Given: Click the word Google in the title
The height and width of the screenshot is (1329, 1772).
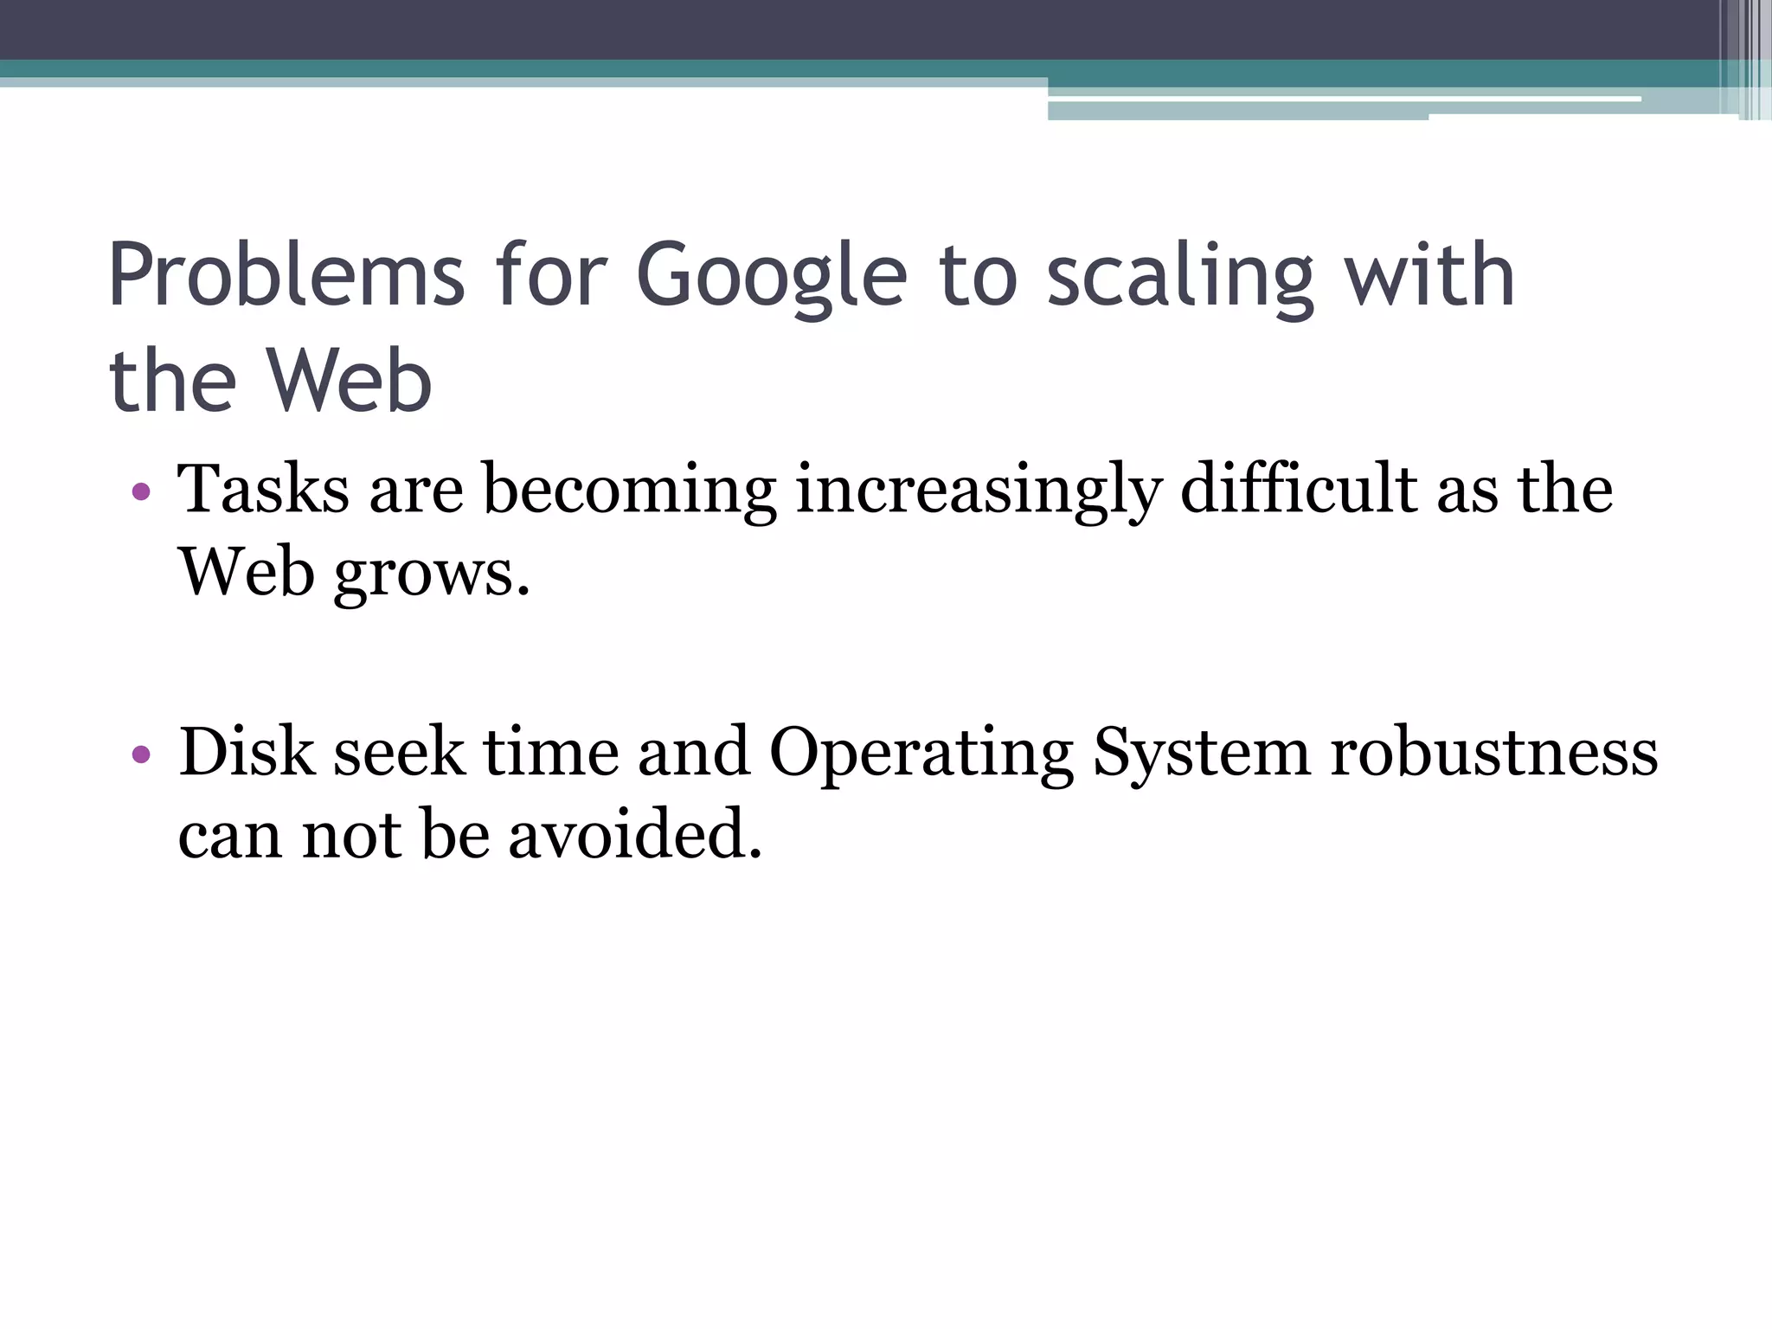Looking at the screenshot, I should coord(772,277).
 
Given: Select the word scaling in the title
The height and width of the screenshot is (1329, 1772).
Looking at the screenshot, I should coord(1180,277).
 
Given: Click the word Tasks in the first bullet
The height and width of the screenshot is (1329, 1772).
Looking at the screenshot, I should coord(263,490).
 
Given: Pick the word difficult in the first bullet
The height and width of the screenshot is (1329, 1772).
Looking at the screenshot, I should coord(1298,490).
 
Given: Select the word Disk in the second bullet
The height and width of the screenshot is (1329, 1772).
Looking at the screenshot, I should coord(247,752).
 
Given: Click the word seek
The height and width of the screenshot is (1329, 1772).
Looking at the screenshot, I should coord(399,752).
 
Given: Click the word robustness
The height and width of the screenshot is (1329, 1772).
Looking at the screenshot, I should coord(1493,752).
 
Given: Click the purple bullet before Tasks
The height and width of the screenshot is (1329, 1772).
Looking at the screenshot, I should coord(142,493).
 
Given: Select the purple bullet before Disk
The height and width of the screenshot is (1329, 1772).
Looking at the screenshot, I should coord(142,754).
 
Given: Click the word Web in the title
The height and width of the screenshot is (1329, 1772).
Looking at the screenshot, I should coord(348,381).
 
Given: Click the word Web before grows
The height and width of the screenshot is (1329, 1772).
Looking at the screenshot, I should coord(246,573).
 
